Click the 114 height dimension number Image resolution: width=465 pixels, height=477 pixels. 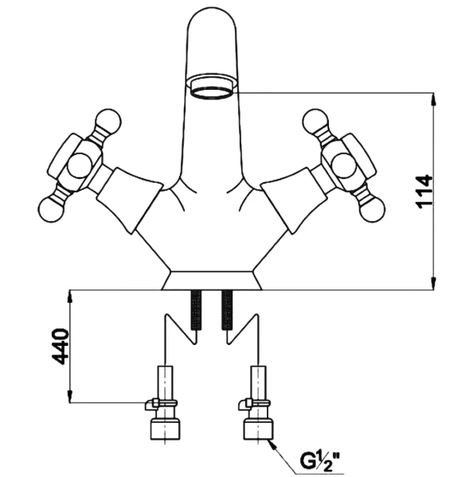click(x=424, y=192)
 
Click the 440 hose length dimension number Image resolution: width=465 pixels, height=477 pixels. click(x=61, y=347)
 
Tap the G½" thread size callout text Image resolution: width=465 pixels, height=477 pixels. click(x=320, y=460)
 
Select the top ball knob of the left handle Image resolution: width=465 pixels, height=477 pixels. click(x=108, y=121)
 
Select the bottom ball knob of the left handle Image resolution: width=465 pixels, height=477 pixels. click(x=52, y=209)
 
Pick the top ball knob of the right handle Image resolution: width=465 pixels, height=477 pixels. click(x=315, y=121)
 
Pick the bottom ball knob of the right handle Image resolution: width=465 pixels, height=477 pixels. click(x=373, y=209)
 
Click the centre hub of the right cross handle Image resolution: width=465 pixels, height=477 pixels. click(x=344, y=165)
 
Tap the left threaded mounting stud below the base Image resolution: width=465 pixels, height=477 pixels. click(x=196, y=310)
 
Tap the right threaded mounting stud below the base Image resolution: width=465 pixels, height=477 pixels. click(x=227, y=310)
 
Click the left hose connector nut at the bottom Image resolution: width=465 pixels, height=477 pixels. click(x=165, y=429)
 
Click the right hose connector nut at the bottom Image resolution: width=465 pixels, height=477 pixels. click(x=259, y=429)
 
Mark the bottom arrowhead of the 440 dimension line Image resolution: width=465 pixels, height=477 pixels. click(x=70, y=396)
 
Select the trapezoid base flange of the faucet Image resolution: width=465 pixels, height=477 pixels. click(x=212, y=280)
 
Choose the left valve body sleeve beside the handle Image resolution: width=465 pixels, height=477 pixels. click(x=130, y=200)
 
